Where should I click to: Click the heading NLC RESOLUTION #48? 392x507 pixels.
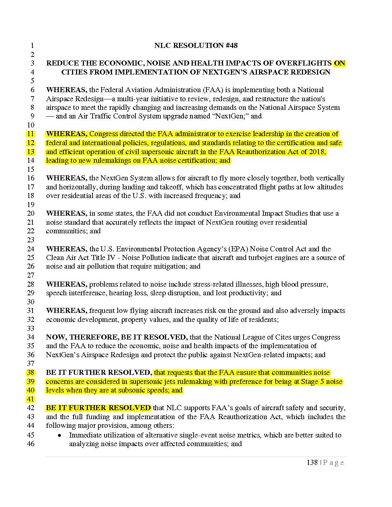pyautogui.click(x=196, y=45)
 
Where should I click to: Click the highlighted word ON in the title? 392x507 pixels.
pyautogui.click(x=339, y=63)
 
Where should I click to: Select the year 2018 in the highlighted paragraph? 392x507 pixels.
pyautogui.click(x=317, y=152)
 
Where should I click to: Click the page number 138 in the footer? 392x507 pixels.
pyautogui.click(x=312, y=462)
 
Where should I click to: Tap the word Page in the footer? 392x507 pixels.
pyautogui.click(x=334, y=463)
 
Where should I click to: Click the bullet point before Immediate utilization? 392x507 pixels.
pyautogui.click(x=60, y=435)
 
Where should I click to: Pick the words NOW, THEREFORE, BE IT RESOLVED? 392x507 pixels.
pyautogui.click(x=117, y=337)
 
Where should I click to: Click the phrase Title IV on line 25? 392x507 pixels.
pyautogui.click(x=107, y=257)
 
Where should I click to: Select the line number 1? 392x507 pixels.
pyautogui.click(x=32, y=46)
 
